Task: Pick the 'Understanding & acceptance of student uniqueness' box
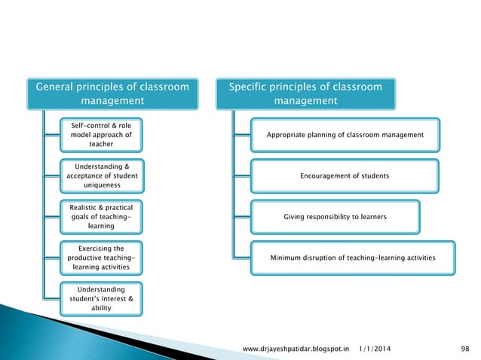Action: (x=101, y=175)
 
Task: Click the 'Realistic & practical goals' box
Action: (x=101, y=216)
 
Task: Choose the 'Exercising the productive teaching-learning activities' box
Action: (x=101, y=257)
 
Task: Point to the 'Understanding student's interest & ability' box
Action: (x=101, y=297)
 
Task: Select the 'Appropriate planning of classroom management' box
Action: (x=345, y=135)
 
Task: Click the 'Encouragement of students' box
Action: (x=345, y=175)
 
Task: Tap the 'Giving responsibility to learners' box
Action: (x=335, y=216)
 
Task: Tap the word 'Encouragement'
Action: (x=326, y=175)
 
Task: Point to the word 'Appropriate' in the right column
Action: (x=287, y=135)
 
